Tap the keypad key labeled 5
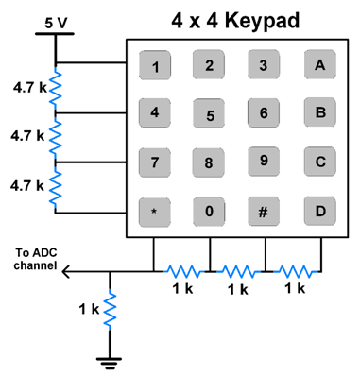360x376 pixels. click(x=210, y=115)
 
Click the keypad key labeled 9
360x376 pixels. click(x=265, y=162)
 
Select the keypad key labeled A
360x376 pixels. click(x=320, y=65)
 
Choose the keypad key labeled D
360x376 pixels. click(x=320, y=210)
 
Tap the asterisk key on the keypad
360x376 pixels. click(x=154, y=210)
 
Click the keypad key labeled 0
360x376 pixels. click(x=210, y=210)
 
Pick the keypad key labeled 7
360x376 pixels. click(x=154, y=162)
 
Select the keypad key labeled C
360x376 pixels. click(x=320, y=162)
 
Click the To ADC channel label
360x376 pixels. click(x=36, y=258)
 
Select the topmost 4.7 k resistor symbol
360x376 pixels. click(x=55, y=87)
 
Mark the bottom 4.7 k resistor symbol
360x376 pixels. click(x=55, y=186)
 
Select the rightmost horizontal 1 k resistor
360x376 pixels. click(x=294, y=271)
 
